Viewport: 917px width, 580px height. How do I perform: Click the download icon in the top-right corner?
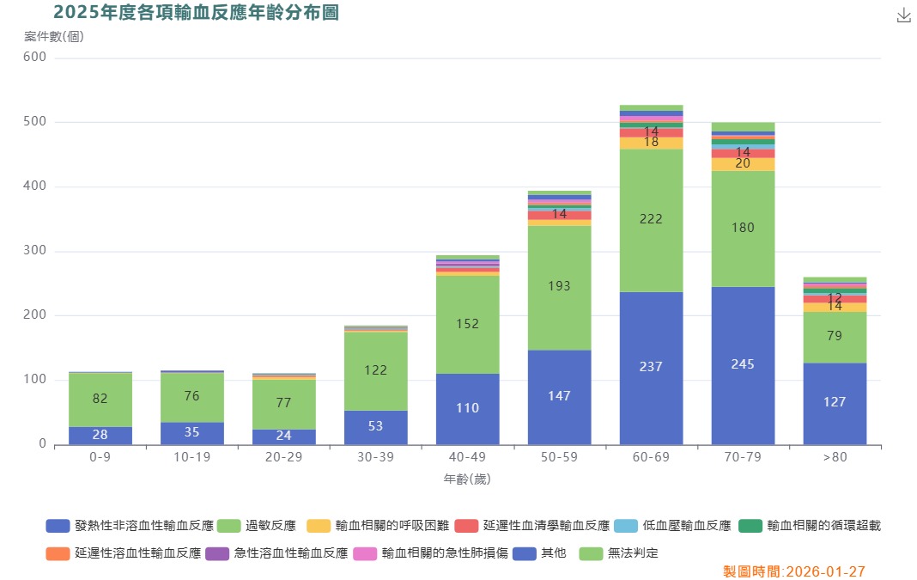point(903,15)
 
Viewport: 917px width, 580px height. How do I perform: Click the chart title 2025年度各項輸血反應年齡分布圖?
point(196,12)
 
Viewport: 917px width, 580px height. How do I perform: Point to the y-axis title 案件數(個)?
point(53,36)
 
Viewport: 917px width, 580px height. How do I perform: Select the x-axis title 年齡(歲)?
point(467,479)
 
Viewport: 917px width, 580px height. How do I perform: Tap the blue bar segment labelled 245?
point(743,365)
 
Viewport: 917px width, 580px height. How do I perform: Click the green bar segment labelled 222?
point(651,220)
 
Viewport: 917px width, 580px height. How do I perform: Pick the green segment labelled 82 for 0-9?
point(100,400)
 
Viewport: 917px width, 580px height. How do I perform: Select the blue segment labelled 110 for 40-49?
point(467,409)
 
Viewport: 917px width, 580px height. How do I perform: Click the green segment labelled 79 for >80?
point(835,337)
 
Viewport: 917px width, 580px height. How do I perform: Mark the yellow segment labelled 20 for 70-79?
point(743,164)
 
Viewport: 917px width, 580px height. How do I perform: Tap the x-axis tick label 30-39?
point(375,457)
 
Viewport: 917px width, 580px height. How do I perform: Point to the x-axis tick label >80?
point(835,457)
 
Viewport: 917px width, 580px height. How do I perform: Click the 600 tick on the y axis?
point(35,58)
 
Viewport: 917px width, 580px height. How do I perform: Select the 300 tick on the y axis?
point(35,251)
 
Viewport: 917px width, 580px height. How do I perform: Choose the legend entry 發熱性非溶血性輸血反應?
point(130,526)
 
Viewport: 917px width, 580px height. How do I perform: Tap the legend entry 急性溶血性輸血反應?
point(277,553)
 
